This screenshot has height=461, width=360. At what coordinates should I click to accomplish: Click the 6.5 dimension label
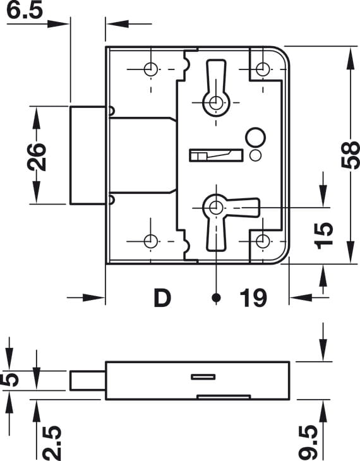[x=25, y=10]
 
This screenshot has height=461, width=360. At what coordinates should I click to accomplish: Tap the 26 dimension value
[x=37, y=157]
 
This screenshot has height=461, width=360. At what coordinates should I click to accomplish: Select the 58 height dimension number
[x=351, y=155]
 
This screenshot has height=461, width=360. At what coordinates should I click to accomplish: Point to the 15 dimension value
[x=323, y=236]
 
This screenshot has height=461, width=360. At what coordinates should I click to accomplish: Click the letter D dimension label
[x=162, y=298]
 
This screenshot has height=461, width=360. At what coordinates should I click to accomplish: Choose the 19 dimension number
[x=253, y=298]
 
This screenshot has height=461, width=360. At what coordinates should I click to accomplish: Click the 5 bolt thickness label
[x=10, y=380]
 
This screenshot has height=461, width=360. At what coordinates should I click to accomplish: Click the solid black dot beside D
[x=217, y=297]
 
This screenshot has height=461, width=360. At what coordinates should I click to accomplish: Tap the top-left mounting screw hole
[x=150, y=69]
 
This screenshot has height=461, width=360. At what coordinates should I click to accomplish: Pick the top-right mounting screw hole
[x=262, y=69]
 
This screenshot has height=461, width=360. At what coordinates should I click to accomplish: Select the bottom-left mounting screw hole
[x=150, y=241]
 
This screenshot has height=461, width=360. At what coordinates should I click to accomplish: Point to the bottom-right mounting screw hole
[x=262, y=241]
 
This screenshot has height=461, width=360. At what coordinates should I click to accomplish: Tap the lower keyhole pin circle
[x=216, y=208]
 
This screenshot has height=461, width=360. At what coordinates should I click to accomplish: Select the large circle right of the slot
[x=256, y=138]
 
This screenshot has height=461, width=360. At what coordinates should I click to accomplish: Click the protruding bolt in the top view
[x=88, y=155]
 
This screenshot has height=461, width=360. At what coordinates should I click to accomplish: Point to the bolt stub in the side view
[x=88, y=381]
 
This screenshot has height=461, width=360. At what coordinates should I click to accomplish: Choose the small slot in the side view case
[x=203, y=377]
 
